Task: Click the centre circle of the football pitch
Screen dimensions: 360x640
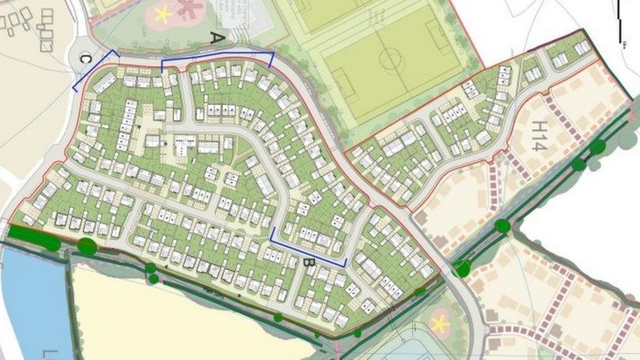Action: point(391,58)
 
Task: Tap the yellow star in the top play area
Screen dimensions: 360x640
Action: point(163,14)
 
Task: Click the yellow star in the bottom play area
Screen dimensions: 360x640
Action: point(439,323)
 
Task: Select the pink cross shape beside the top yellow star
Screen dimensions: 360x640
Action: point(189,10)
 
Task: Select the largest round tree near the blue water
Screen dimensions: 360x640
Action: point(88,246)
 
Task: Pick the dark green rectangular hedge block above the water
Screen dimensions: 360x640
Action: point(32,237)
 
